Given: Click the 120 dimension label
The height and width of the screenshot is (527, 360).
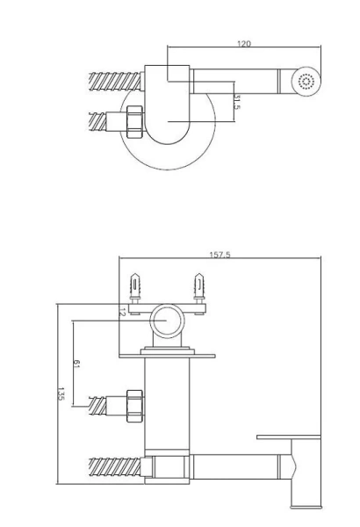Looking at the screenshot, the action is pyautogui.click(x=244, y=43).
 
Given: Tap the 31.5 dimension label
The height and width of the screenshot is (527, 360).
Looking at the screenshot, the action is pyautogui.click(x=237, y=102).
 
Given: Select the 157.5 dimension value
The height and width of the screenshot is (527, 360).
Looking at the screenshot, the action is pyautogui.click(x=220, y=255).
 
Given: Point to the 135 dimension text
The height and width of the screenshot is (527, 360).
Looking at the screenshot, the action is pyautogui.click(x=61, y=393).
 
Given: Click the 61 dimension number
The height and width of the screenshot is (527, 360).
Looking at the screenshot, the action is pyautogui.click(x=76, y=364).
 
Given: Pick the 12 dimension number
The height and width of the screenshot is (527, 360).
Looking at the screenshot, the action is pyautogui.click(x=122, y=312).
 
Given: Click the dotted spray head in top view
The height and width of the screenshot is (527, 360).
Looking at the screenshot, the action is pyautogui.click(x=306, y=82).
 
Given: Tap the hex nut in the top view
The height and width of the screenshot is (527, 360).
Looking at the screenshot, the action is pyautogui.click(x=135, y=121).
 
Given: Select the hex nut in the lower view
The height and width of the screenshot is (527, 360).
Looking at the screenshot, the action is pyautogui.click(x=135, y=406).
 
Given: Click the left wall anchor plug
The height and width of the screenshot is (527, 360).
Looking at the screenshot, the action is pyautogui.click(x=135, y=288).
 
